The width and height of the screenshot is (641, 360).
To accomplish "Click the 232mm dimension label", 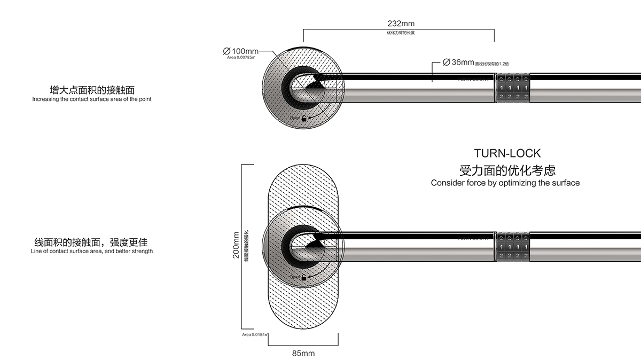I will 401,24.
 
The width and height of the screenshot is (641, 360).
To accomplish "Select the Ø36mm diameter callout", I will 458,62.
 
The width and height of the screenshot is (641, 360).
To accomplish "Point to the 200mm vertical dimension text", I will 236,245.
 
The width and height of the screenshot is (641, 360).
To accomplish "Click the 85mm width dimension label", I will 303,354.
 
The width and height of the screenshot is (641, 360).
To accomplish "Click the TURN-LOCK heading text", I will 507,153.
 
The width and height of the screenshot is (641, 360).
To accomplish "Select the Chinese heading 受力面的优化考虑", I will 507,170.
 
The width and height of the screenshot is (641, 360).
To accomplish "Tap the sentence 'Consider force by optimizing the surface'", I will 505,183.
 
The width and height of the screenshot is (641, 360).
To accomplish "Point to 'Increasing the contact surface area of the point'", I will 92,99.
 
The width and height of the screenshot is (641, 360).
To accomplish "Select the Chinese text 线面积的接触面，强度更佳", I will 92,241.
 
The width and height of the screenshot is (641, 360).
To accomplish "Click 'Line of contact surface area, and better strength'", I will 92,251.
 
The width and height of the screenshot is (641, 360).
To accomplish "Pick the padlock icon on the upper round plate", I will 304,118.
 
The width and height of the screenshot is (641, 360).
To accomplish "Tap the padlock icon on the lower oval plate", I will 304,277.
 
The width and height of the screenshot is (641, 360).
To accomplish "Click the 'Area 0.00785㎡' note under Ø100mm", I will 241,57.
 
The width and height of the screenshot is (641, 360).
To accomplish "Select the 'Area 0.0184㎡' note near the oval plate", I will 255,334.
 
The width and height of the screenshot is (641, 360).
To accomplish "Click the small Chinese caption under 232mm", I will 401,33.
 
